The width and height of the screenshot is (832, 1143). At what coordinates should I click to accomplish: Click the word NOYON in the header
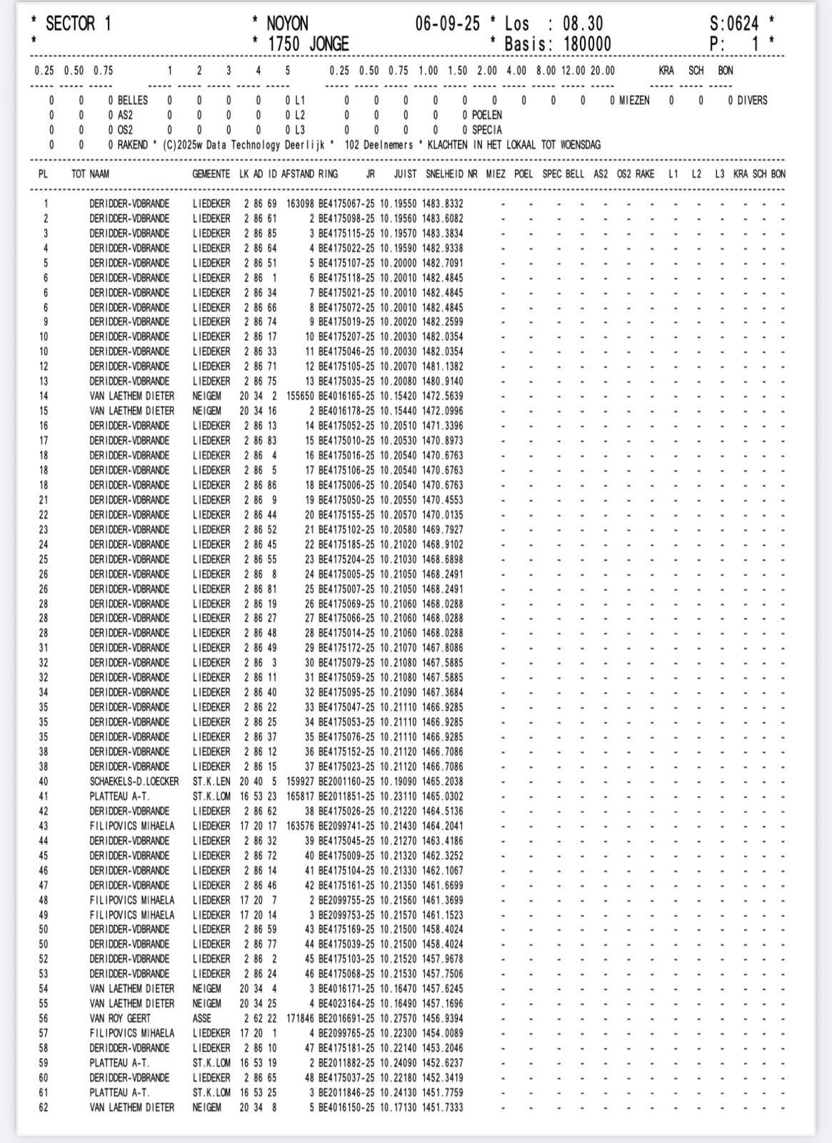pyautogui.click(x=287, y=24)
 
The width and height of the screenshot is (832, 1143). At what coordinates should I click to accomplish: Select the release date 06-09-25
pyautogui.click(x=448, y=24)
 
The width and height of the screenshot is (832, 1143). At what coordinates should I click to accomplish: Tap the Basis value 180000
pyautogui.click(x=587, y=44)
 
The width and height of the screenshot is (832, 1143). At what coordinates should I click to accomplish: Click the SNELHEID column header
pyautogui.click(x=444, y=174)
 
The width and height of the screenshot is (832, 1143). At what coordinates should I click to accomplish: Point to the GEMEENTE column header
pyautogui.click(x=211, y=174)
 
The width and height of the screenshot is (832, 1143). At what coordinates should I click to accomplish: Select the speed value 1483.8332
pyautogui.click(x=443, y=204)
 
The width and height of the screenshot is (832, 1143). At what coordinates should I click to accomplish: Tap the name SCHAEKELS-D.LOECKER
pyautogui.click(x=134, y=782)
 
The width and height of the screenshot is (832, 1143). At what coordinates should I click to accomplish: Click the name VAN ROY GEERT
pyautogui.click(x=120, y=1019)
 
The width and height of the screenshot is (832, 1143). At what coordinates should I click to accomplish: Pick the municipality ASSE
pyautogui.click(x=203, y=1019)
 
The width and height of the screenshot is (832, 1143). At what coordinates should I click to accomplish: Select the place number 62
pyautogui.click(x=44, y=1107)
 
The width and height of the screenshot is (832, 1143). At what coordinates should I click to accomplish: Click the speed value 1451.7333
pyautogui.click(x=443, y=1107)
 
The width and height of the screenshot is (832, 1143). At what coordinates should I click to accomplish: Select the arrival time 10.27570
pyautogui.click(x=399, y=1019)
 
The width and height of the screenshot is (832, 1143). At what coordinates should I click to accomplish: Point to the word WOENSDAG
pyautogui.click(x=579, y=145)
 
